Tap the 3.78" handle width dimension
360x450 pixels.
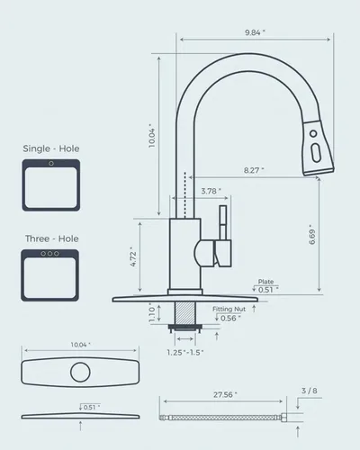click(209, 191)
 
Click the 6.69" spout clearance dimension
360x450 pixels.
click(310, 236)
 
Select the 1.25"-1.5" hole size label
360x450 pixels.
click(184, 352)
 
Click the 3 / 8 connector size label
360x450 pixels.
click(309, 391)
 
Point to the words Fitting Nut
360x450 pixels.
click(228, 309)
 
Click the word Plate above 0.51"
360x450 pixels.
click(265, 281)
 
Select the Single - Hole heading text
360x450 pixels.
click(49, 148)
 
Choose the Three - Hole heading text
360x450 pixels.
click(49, 238)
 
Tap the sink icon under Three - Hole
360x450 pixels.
click(50, 273)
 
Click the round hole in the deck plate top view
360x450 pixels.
click(82, 372)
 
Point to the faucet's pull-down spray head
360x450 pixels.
click(315, 143)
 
